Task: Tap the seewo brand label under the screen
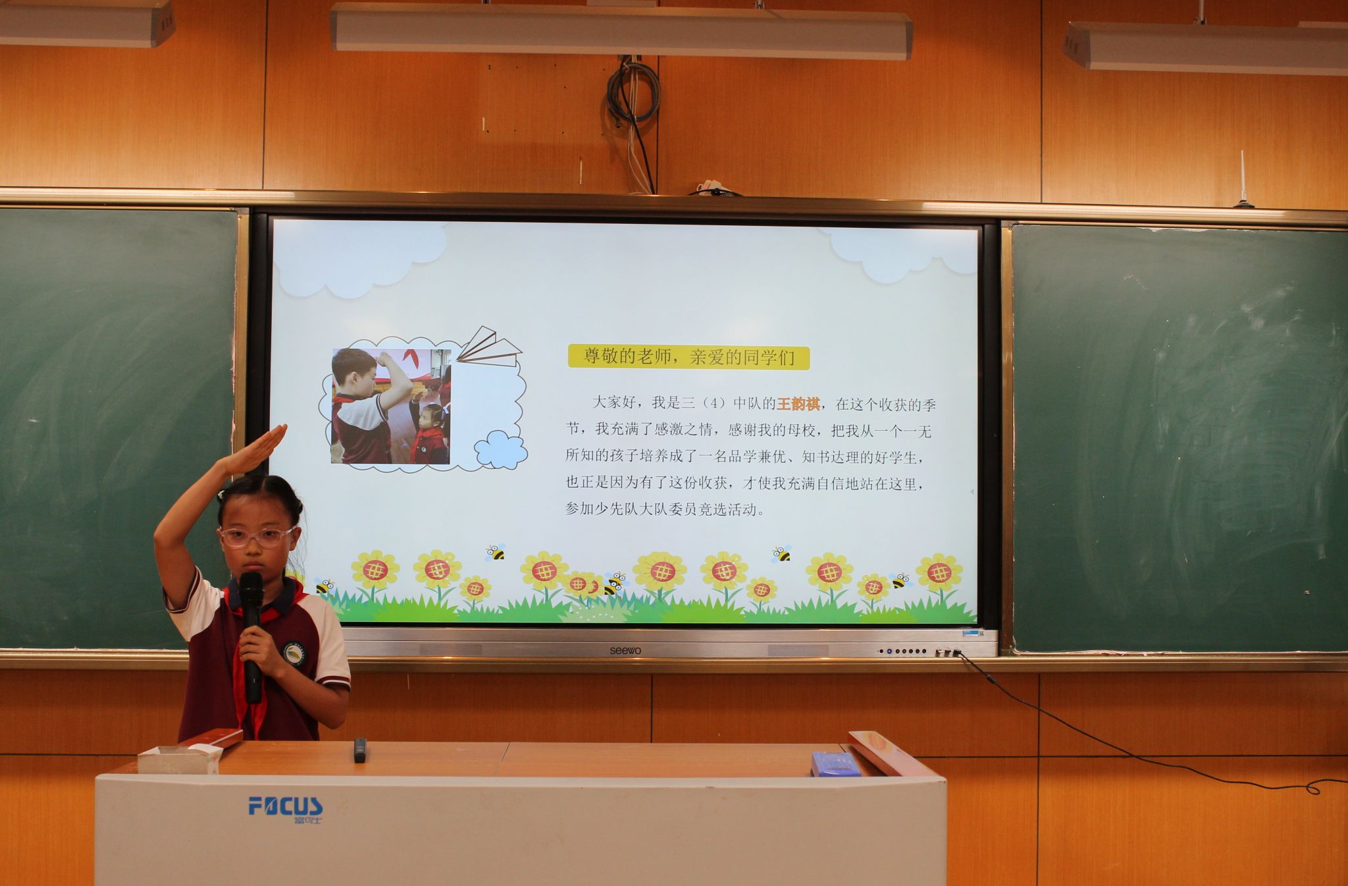tap(625, 651)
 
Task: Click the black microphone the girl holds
tap(251, 633)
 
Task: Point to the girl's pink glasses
tap(257, 537)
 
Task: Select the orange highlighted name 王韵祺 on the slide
tap(798, 404)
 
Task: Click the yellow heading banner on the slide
tap(688, 358)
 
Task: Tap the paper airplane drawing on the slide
tap(488, 346)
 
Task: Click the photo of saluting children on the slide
tap(391, 406)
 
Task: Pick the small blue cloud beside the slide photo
tap(501, 450)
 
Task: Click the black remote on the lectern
tap(359, 750)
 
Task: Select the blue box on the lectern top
tap(835, 764)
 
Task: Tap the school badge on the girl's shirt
tap(293, 653)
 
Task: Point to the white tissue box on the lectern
tap(178, 760)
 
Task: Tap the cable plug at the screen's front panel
tap(956, 653)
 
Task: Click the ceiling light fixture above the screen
tap(622, 30)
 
